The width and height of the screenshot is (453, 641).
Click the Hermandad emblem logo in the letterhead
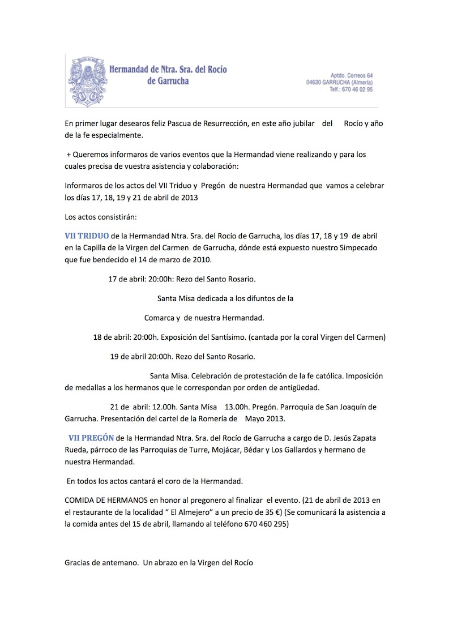pyautogui.click(x=87, y=80)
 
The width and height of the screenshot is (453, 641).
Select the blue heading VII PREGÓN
pyautogui.click(x=91, y=438)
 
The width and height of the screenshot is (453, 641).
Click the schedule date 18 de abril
pyautogui.click(x=110, y=337)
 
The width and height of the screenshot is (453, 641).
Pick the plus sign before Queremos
pyautogui.click(x=69, y=155)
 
